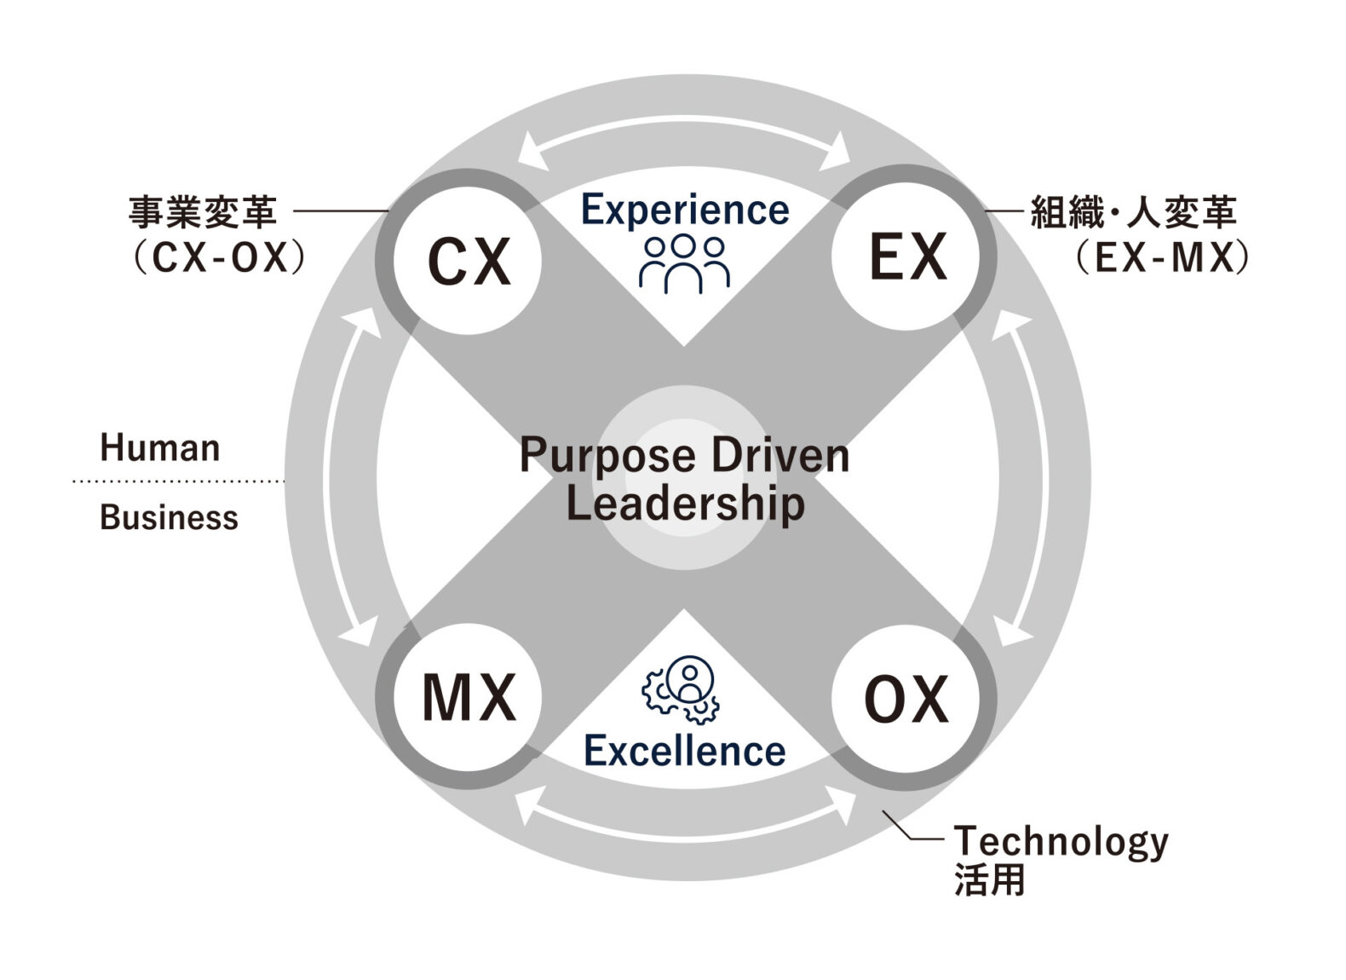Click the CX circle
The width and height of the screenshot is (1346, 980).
(468, 261)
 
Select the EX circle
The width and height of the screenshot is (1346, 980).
(906, 257)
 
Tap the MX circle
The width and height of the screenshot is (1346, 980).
(468, 697)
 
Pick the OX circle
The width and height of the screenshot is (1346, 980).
(906, 699)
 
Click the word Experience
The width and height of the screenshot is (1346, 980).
(685, 210)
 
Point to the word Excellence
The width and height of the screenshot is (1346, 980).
(685, 751)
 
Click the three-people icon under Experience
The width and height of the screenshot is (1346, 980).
(685, 263)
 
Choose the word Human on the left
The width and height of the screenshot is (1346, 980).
(160, 448)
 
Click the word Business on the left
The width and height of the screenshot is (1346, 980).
(169, 517)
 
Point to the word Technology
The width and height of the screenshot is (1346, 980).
(1061, 842)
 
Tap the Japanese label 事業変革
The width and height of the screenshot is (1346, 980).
(203, 212)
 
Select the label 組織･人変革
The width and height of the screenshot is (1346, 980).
(1133, 212)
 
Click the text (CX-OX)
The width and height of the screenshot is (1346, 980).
(219, 257)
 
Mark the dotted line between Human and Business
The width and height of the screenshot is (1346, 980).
(179, 481)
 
